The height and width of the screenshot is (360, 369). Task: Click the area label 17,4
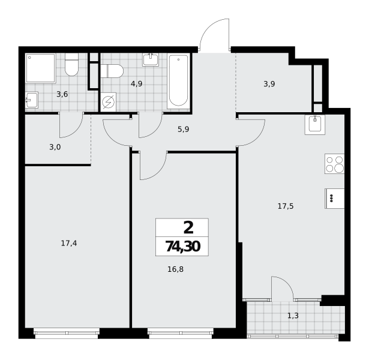69,243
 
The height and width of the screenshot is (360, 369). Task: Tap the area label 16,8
175,269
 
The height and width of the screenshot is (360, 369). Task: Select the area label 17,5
286,206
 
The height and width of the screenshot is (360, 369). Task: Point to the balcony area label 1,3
293,316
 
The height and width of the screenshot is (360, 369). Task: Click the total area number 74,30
183,247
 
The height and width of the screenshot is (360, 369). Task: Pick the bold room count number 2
188,228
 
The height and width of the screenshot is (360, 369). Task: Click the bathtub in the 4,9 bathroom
178,81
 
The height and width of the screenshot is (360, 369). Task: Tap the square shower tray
41,68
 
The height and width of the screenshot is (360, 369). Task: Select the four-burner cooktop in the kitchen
334,164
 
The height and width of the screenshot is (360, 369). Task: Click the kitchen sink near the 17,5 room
315,125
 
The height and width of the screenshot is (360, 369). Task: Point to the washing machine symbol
108,102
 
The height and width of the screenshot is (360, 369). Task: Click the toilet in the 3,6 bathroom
71,64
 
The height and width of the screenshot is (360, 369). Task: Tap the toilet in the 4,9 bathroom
112,71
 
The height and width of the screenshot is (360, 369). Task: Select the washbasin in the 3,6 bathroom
32,100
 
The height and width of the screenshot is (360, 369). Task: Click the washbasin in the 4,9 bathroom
151,59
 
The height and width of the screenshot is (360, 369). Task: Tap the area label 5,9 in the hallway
184,130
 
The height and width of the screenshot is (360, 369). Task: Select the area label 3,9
269,84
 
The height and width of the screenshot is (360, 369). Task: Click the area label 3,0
55,147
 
